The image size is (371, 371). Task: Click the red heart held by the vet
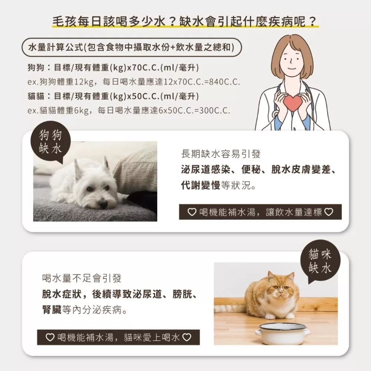tap(293, 103)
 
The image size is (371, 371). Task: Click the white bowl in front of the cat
tap(282, 333)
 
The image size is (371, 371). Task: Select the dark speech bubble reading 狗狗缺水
tap(50, 142)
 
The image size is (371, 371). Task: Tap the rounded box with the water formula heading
tap(132, 47)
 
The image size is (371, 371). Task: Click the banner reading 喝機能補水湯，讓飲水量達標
tap(260, 212)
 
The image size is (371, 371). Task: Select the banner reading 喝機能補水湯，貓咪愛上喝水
tap(118, 337)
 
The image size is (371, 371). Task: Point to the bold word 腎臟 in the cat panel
tap(52, 309)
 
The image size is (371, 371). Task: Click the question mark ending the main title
tap(312, 21)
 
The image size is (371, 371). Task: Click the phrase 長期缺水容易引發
tap(221, 154)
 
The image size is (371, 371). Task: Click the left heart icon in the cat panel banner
tap(50, 337)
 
